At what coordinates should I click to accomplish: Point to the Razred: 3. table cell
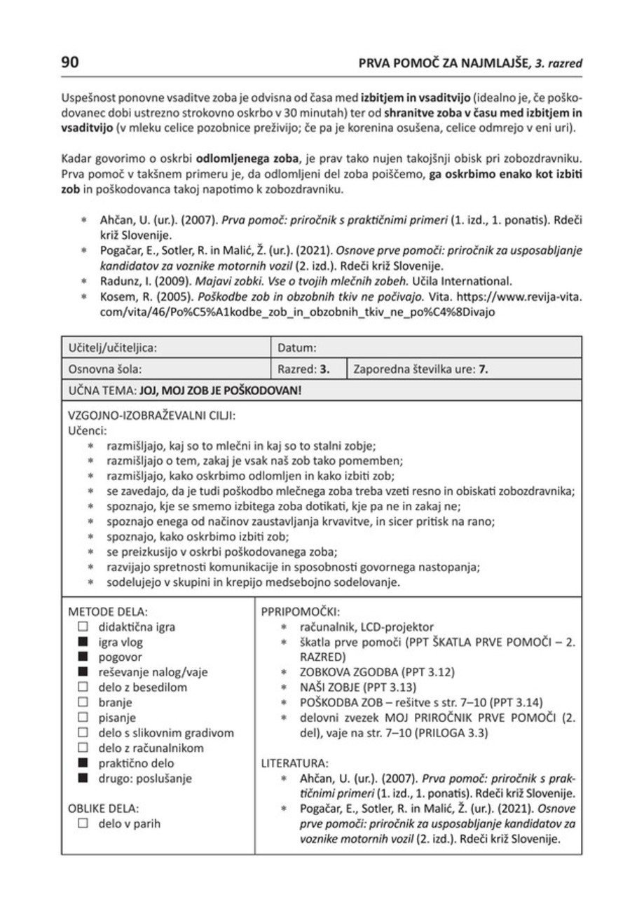(x=304, y=369)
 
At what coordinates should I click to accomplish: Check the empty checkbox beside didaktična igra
(x=83, y=626)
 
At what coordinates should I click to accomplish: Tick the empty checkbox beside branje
(x=83, y=702)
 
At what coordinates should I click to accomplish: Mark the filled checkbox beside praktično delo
(x=83, y=763)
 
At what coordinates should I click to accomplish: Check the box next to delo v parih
(x=83, y=824)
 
